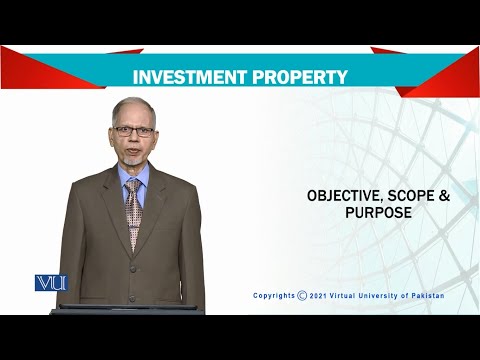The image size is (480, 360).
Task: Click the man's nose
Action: point(133,136)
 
